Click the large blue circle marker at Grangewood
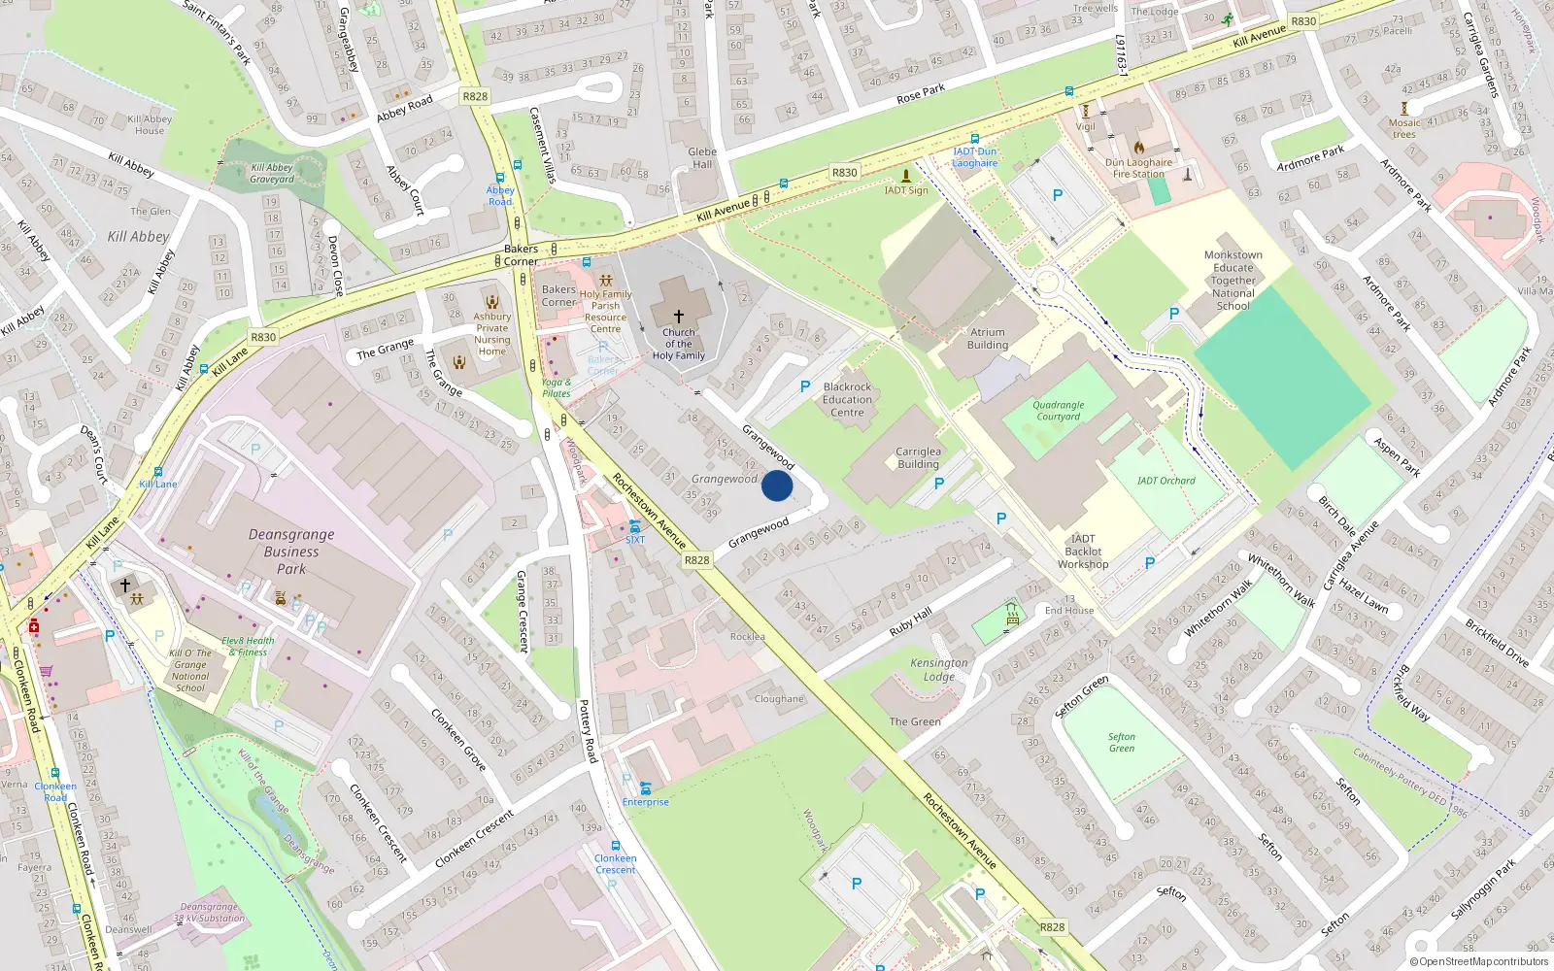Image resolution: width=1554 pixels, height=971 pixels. click(777, 485)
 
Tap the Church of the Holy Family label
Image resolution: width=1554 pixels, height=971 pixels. click(678, 344)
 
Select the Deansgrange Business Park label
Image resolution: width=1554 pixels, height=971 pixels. click(291, 552)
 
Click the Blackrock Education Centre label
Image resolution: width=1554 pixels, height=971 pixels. click(847, 399)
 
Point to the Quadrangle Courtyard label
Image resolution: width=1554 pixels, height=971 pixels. click(1058, 411)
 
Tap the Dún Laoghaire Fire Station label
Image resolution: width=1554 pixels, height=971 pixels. click(1138, 168)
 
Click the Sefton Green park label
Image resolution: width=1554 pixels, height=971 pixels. click(1121, 742)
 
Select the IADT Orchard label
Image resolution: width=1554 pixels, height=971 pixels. click(1165, 481)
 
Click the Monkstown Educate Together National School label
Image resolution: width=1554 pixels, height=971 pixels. click(1233, 281)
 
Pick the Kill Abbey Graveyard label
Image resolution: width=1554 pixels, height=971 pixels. click(271, 173)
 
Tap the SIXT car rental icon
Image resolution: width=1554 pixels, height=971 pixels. click(634, 525)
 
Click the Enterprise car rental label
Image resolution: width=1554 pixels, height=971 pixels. click(645, 802)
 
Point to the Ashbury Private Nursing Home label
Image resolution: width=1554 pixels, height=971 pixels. click(491, 334)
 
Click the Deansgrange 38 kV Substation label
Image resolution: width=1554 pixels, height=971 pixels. click(209, 912)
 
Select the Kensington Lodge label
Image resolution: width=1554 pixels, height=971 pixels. click(938, 669)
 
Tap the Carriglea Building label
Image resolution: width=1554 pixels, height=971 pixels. click(917, 457)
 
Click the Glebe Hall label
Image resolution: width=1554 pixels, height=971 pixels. click(702, 157)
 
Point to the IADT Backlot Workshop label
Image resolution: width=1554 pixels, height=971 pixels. click(1083, 552)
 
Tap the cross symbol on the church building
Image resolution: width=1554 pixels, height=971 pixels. click(678, 317)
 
